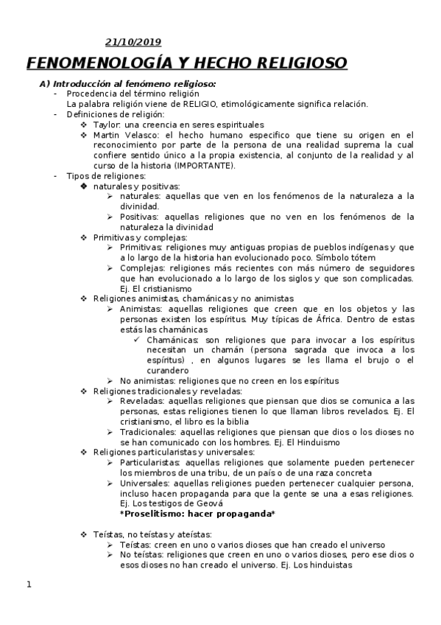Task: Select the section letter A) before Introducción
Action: (x=44, y=84)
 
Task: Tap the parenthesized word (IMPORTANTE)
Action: (x=209, y=166)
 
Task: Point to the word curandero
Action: (x=167, y=370)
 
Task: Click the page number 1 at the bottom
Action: (x=29, y=585)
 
